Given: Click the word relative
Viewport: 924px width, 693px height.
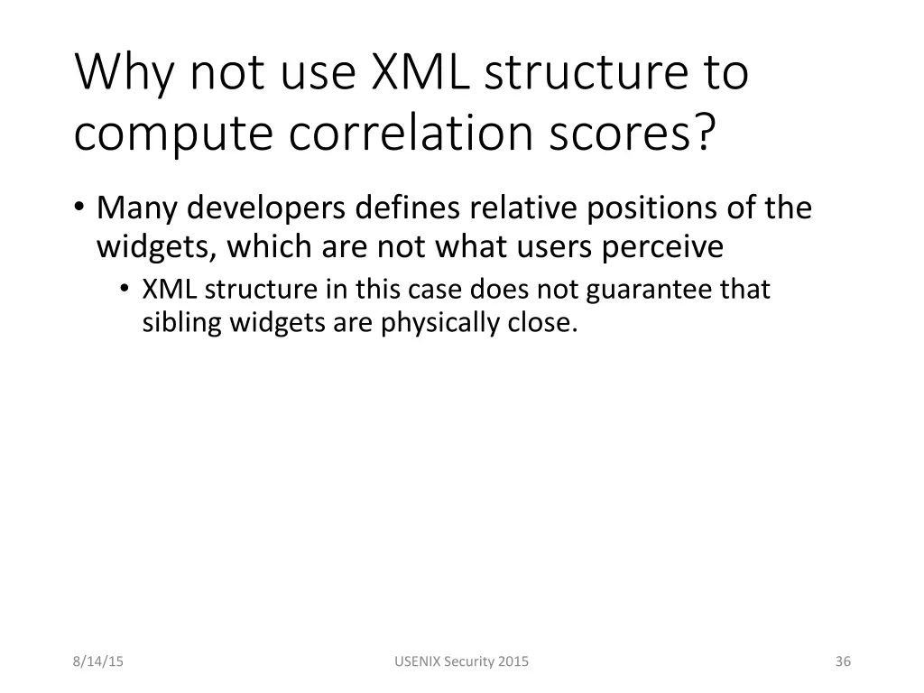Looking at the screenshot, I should tap(522, 208).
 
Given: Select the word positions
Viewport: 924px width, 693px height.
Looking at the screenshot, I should tap(649, 209).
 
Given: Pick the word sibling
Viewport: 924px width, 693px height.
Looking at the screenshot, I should tap(181, 323).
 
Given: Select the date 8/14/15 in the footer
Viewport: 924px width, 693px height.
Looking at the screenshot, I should tap(98, 662).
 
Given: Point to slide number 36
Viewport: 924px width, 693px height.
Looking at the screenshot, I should tap(843, 662).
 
